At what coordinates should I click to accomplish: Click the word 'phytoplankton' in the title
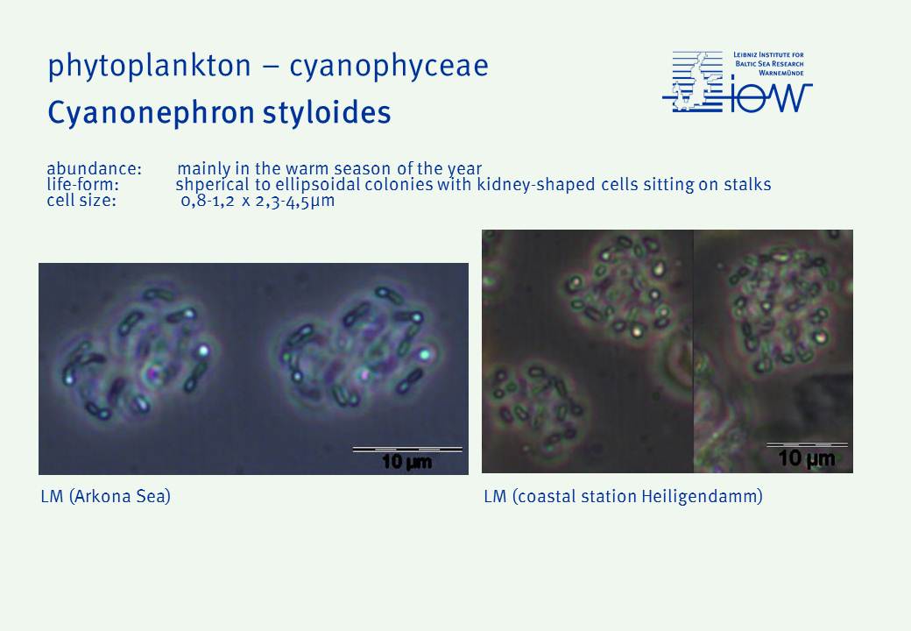coord(149,67)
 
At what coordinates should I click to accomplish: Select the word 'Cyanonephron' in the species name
coord(151,113)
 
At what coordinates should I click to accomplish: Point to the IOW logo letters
coord(770,97)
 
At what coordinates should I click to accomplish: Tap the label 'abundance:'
coord(94,168)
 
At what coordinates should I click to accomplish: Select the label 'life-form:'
coord(82,185)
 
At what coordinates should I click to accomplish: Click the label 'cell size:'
coord(81,201)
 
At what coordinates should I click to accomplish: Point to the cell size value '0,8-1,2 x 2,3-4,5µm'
coord(258,201)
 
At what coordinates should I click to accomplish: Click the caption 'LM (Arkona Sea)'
coord(106,496)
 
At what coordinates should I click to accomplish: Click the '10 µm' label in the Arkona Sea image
coord(406,462)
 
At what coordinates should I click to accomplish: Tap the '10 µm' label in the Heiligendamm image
coord(807,457)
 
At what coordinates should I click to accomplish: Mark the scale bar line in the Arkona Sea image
coord(407,449)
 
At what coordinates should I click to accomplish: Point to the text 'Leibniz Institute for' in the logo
coord(768,54)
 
